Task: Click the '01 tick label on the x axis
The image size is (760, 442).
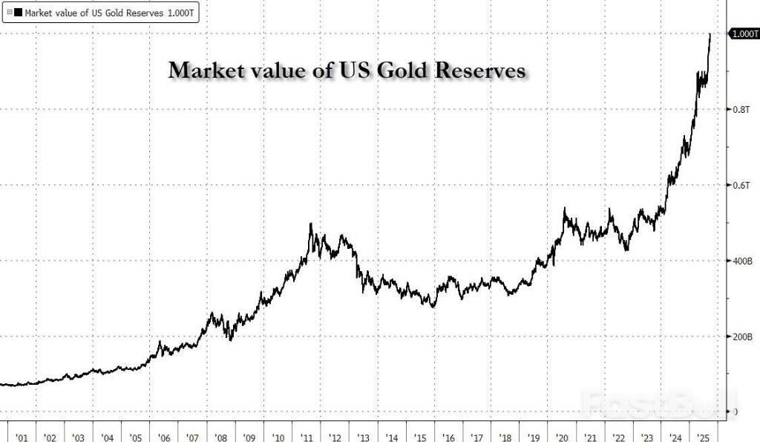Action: click(x=22, y=436)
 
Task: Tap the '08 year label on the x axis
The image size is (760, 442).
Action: click(x=220, y=436)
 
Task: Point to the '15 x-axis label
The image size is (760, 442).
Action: click(x=420, y=436)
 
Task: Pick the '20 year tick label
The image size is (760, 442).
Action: click(x=562, y=436)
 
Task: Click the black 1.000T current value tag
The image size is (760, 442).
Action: click(x=744, y=34)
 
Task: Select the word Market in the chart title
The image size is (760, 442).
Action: click(x=204, y=71)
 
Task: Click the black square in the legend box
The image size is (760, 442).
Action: click(x=19, y=12)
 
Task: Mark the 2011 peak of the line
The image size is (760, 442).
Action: click(x=310, y=224)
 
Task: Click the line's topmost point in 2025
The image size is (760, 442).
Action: click(x=710, y=34)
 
